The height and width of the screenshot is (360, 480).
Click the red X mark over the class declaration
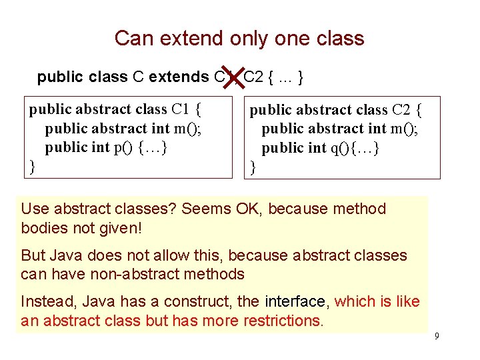tap(232, 79)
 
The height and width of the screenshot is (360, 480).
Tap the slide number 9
tap(437, 336)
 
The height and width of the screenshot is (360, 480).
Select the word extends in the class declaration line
tap(179, 77)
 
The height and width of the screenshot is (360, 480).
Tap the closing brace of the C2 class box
tap(253, 167)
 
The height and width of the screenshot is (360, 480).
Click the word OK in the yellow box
tap(249, 209)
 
